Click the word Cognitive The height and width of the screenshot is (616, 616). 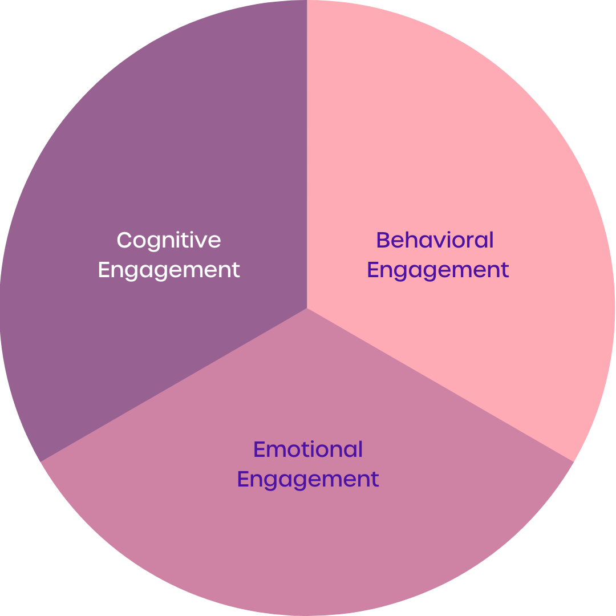click(x=169, y=240)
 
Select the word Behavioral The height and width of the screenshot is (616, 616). click(x=435, y=240)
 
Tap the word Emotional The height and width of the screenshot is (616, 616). click(x=308, y=449)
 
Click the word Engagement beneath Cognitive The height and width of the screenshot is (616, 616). click(x=169, y=270)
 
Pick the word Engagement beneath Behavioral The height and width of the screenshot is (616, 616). click(x=438, y=270)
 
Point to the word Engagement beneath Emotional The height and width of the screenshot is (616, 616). click(x=308, y=479)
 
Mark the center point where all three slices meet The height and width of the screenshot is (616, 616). click(x=307, y=308)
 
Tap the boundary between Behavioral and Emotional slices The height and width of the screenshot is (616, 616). click(x=439, y=384)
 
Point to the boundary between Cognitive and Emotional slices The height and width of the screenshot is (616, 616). click(x=174, y=384)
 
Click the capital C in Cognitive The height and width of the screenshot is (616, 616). click(x=124, y=240)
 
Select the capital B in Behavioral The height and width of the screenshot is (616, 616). click(x=382, y=240)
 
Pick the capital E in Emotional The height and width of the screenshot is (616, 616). click(x=259, y=449)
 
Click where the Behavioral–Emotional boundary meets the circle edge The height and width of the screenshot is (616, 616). click(x=573, y=461)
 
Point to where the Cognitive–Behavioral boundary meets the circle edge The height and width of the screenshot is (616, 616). click(x=307, y=2)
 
